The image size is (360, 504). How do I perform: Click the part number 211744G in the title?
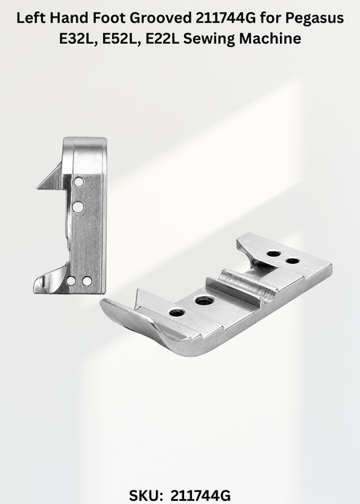click(x=226, y=18)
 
